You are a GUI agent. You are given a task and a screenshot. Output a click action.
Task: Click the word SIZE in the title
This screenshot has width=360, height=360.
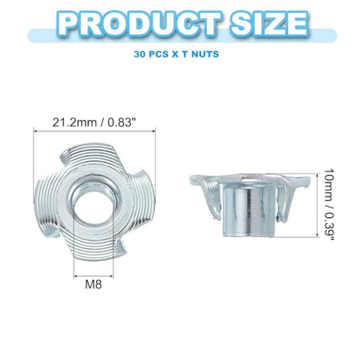point(268,23)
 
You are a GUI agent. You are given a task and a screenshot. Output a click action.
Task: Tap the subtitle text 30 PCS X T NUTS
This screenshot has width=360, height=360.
point(177,54)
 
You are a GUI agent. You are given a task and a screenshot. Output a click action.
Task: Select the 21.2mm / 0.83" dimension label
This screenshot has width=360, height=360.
point(94,123)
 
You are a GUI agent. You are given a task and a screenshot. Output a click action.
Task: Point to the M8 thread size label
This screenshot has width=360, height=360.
point(93,285)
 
